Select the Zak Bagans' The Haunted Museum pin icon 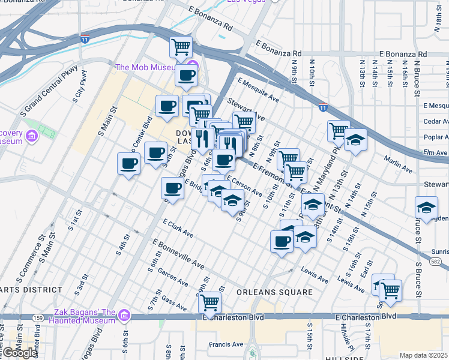pos(124,314)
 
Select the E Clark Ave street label pos(178,227)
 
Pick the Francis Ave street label pos(226,344)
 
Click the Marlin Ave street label pos(399,165)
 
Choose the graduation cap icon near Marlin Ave pos(355,140)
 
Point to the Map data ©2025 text pos(424,355)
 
